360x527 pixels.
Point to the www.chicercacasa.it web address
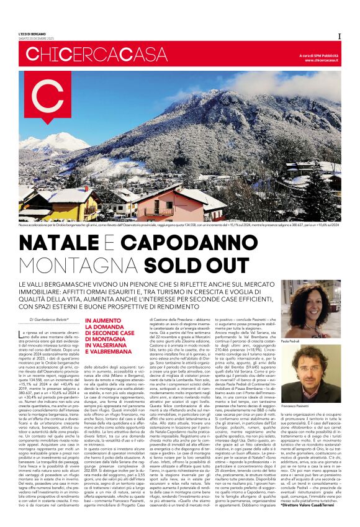(322, 60)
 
